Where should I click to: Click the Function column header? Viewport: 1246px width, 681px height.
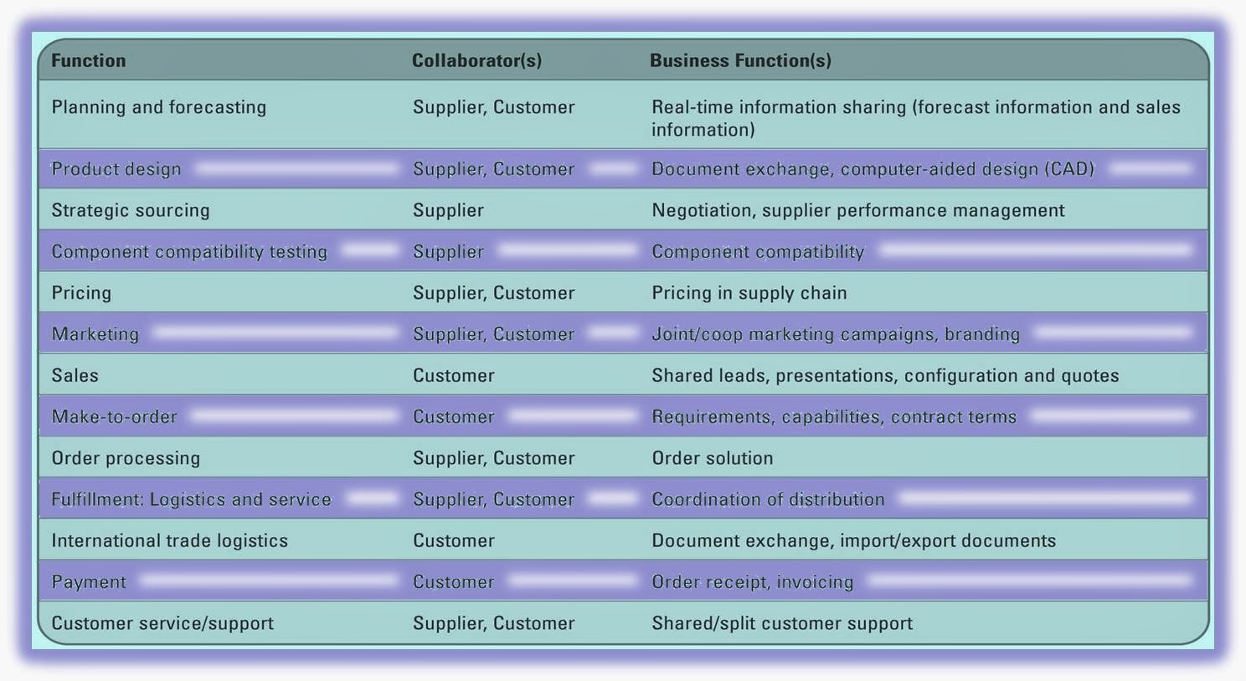click(89, 61)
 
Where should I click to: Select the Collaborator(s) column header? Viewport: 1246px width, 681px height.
click(476, 61)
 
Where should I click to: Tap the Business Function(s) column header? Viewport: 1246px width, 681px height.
click(740, 61)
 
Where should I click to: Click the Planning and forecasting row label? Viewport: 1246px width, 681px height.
click(159, 107)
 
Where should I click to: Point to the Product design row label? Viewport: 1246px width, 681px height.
click(116, 169)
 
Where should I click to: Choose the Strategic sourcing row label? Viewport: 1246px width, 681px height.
click(131, 210)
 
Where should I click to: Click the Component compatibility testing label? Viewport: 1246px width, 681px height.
click(189, 251)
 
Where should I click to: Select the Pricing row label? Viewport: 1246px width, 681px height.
click(81, 293)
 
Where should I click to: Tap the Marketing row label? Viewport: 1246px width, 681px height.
click(95, 334)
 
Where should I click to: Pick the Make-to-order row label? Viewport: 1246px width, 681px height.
click(115, 417)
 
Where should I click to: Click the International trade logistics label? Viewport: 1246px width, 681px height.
click(170, 541)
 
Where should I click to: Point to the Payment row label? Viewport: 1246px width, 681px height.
click(89, 582)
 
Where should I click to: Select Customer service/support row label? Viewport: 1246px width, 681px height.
click(162, 623)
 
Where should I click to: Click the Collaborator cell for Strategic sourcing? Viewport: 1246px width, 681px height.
click(448, 210)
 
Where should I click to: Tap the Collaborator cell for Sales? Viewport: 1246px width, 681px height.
click(454, 376)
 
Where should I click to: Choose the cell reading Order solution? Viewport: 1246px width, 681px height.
click(713, 458)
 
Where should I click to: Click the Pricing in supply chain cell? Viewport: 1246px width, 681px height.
click(749, 293)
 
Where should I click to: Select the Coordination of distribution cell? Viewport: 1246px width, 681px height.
click(768, 500)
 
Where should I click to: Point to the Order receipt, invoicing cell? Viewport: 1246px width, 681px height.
click(753, 582)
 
